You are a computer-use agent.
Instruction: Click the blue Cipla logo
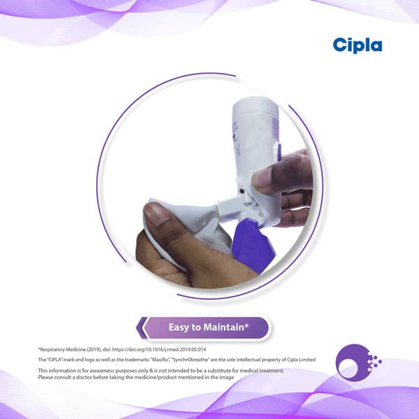pos(358,45)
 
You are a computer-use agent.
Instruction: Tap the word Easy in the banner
pos(178,328)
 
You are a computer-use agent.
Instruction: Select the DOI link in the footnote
pos(159,349)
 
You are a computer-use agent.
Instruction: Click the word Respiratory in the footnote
pos(52,349)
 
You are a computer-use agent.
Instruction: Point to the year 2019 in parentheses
pos(94,349)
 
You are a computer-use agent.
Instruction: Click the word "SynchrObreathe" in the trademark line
pos(191,360)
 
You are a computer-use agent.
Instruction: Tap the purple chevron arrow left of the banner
pos(141,328)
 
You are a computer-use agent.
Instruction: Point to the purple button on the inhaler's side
pos(279,152)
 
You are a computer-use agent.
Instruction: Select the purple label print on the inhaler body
pos(275,128)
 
